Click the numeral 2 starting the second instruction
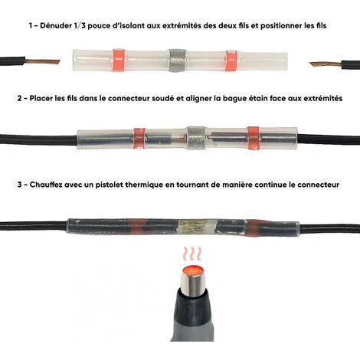(19, 98)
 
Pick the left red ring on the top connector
(118, 60)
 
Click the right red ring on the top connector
(231, 61)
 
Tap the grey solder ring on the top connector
(177, 61)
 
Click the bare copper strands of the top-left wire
(43, 61)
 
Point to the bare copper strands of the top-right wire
(326, 64)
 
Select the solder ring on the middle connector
(196, 138)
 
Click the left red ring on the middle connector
(139, 138)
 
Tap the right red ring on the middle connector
(254, 138)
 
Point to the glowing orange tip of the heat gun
(194, 270)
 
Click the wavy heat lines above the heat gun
(192, 254)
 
